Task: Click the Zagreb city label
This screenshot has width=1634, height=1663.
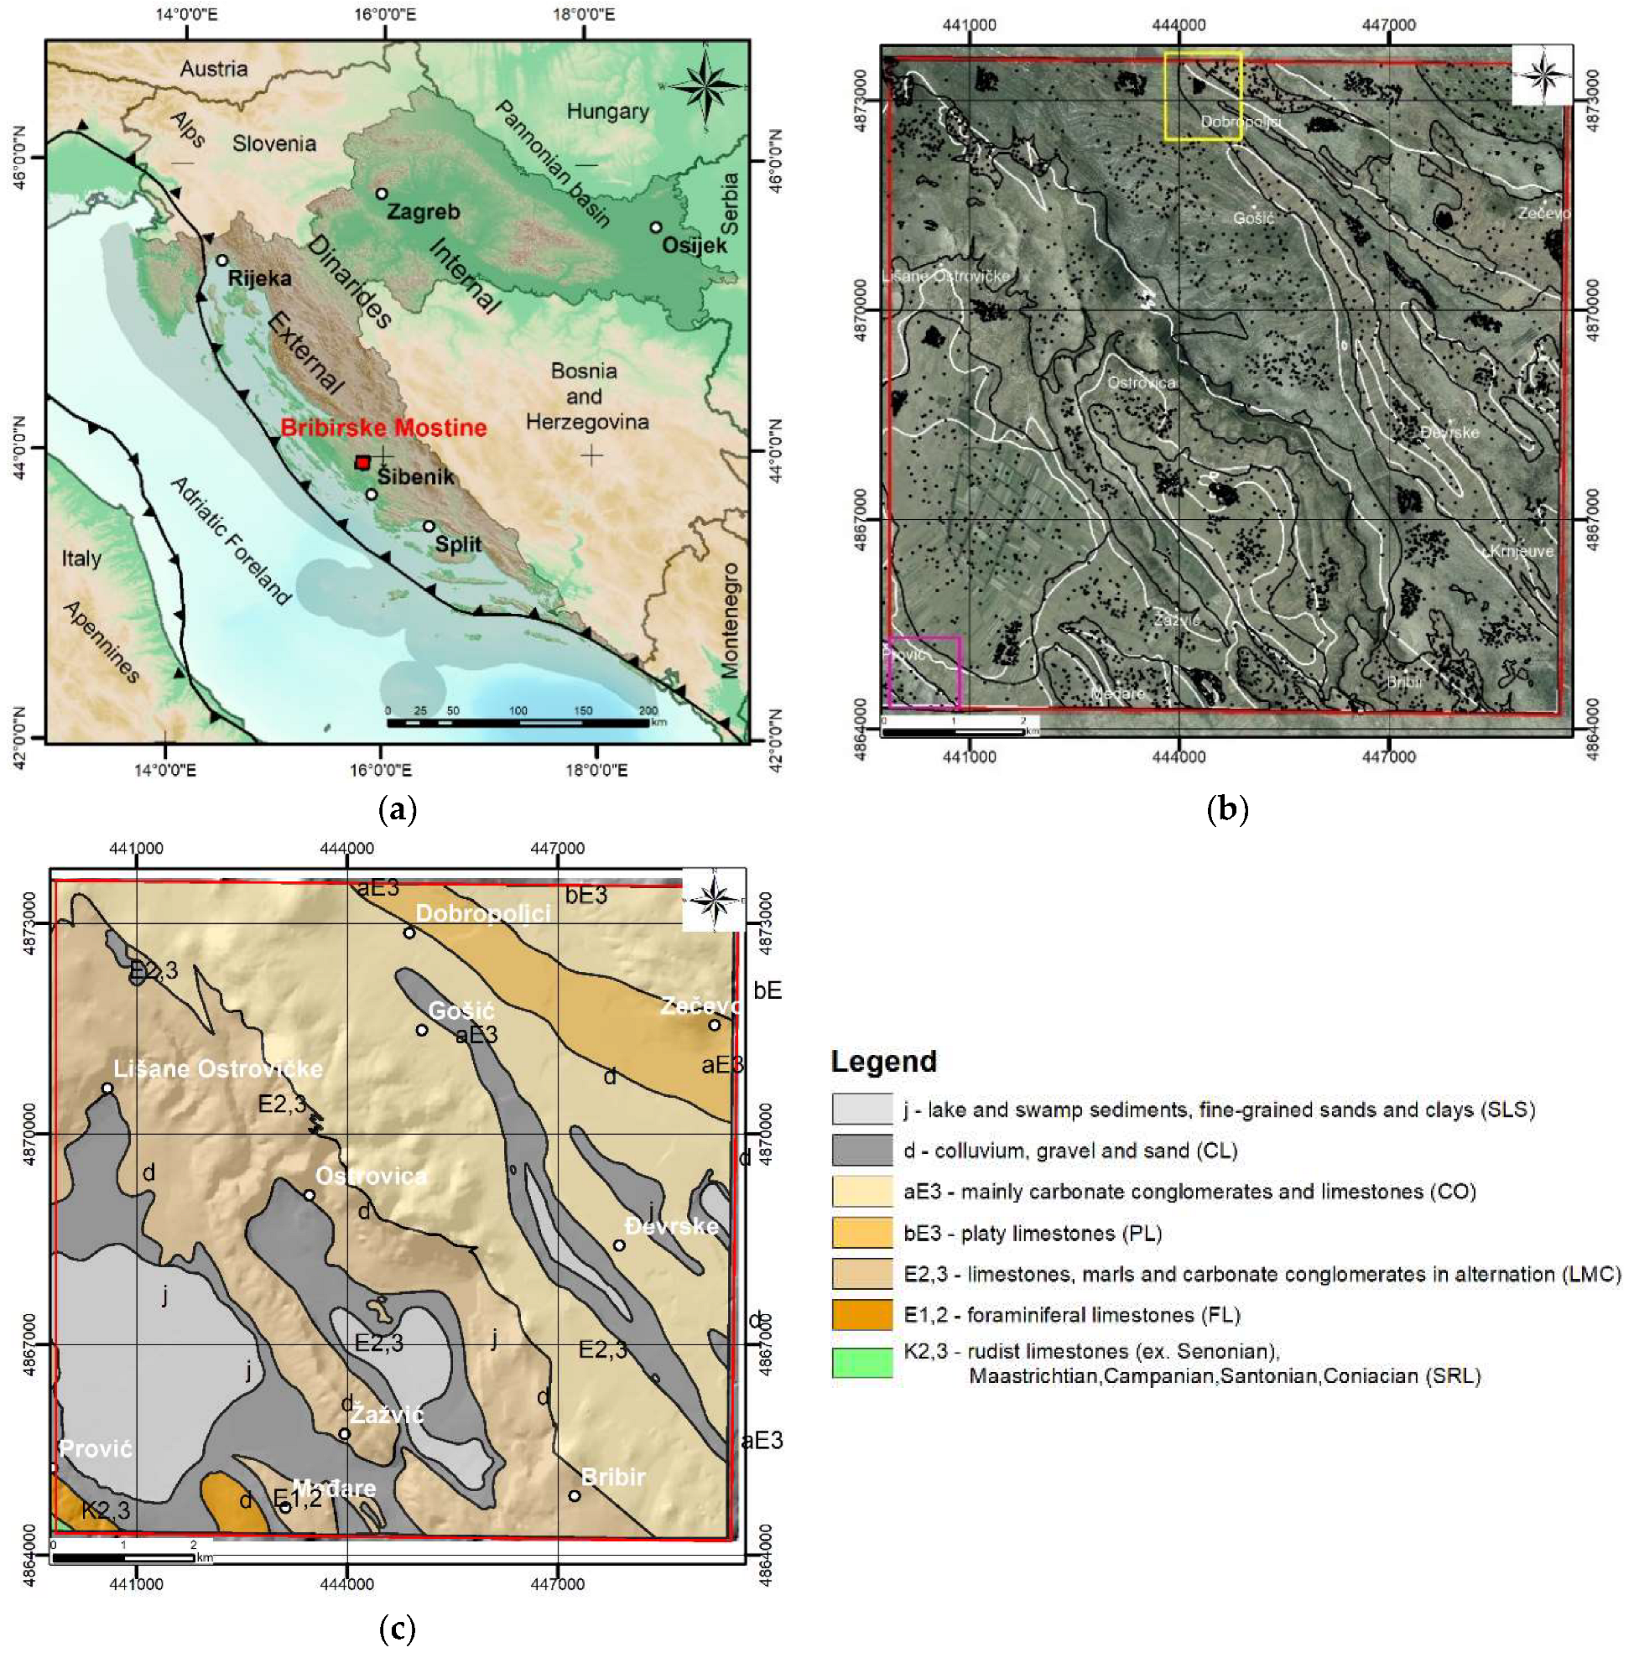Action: (423, 211)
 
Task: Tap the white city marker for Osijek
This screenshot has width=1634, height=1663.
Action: (656, 227)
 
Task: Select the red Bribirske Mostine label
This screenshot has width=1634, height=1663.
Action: (382, 428)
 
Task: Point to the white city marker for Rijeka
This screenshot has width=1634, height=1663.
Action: (221, 260)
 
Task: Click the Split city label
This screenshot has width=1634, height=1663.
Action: (457, 544)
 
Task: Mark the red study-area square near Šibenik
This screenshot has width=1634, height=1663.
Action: (362, 463)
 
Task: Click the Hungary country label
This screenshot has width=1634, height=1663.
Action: (606, 112)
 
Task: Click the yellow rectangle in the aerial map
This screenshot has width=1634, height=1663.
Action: (1202, 96)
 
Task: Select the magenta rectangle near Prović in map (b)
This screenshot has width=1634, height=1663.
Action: (924, 672)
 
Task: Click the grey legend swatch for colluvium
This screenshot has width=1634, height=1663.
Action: (861, 1150)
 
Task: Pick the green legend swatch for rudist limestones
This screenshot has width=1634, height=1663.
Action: (861, 1363)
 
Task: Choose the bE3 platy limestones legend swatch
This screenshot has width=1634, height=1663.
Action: (861, 1233)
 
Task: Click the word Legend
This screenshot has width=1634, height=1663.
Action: (883, 1062)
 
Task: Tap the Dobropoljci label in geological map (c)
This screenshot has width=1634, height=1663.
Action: (482, 913)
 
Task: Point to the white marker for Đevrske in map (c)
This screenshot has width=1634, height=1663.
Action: (619, 1245)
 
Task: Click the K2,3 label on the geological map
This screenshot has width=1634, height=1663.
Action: (106, 1509)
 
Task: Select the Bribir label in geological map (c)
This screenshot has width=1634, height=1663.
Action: (612, 1477)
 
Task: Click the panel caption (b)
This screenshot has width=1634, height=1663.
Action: (1226, 808)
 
